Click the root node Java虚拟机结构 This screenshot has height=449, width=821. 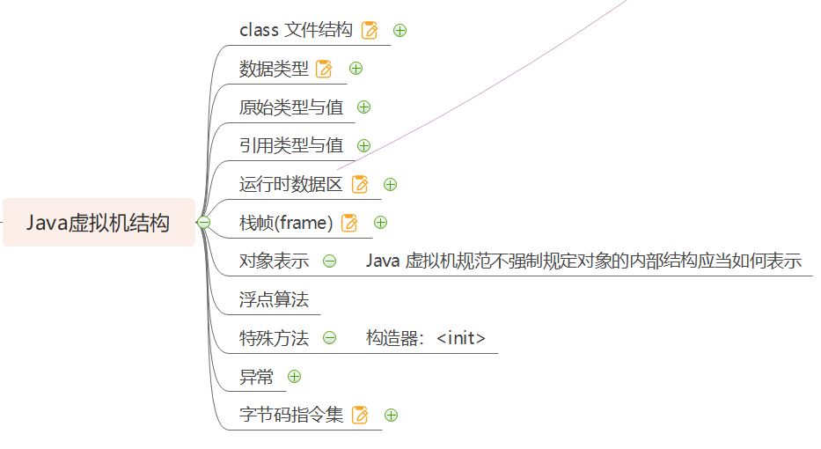tap(98, 223)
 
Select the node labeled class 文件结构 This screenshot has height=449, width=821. tap(296, 30)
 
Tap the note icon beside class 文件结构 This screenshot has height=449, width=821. tap(370, 31)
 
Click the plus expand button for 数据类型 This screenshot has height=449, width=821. tap(356, 69)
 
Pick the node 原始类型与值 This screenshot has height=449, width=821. tap(291, 107)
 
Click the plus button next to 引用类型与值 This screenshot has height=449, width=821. tap(363, 146)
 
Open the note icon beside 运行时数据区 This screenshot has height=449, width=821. tap(360, 185)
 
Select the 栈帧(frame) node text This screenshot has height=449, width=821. tap(286, 223)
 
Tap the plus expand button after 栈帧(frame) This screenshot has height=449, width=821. tap(381, 223)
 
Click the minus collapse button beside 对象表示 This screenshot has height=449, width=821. tap(329, 261)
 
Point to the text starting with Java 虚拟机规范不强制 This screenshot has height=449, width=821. tap(583, 261)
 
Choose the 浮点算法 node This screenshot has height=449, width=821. tap(274, 299)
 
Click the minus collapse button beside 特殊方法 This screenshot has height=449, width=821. tap(329, 338)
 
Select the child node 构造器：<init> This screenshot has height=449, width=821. tap(426, 338)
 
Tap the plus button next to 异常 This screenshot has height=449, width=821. tap(295, 377)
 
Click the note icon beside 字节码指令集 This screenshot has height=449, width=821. tap(360, 416)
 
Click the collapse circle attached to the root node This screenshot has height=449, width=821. tap(203, 223)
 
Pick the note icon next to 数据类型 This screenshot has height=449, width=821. tap(324, 69)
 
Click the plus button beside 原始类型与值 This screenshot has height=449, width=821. tap(363, 107)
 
